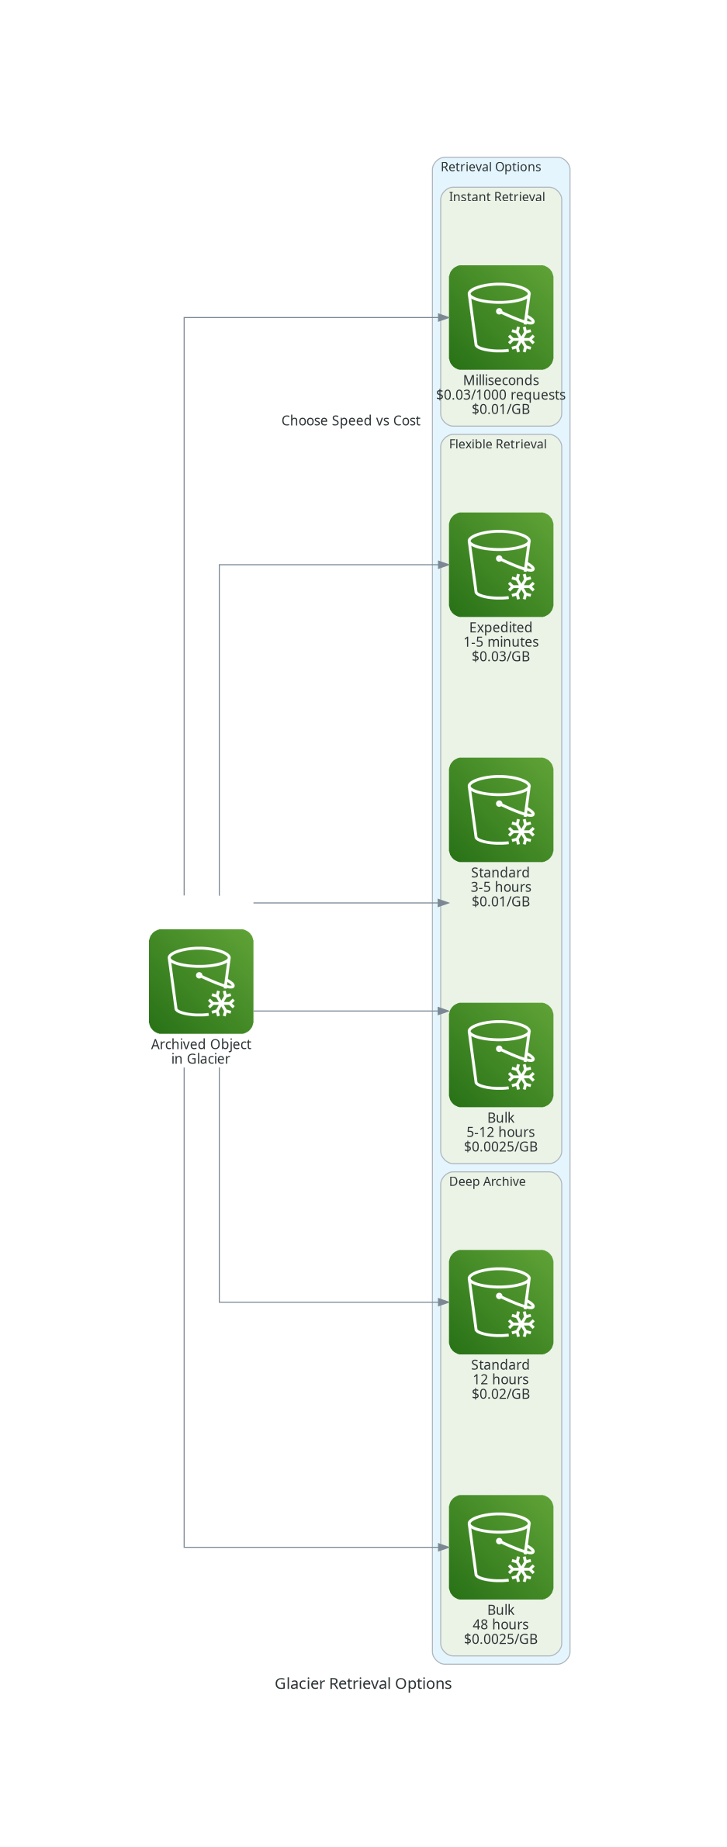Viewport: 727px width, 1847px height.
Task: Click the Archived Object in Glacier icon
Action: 201,981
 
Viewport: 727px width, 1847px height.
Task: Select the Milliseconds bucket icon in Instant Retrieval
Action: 501,317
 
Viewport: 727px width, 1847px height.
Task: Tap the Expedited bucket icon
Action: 501,565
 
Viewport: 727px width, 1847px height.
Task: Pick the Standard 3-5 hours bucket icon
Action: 501,810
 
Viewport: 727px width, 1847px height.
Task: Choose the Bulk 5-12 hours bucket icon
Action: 501,1055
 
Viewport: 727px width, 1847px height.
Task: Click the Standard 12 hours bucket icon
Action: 501,1302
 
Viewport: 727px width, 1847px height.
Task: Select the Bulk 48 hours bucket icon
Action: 501,1547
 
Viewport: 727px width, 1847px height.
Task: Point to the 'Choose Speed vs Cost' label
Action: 351,420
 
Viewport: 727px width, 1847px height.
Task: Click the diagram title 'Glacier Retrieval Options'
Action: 363,1683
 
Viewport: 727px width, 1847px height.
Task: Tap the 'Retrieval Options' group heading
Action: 491,167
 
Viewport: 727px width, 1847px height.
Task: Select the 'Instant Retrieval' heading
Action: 497,197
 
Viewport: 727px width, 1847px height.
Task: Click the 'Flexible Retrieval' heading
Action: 498,444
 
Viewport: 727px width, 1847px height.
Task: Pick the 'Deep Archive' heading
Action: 487,1181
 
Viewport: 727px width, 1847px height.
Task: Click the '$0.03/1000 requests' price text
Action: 501,395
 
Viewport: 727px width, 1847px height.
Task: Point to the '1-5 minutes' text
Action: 501,642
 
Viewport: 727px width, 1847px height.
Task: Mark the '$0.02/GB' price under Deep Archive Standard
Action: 501,1394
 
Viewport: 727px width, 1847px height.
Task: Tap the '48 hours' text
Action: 501,1624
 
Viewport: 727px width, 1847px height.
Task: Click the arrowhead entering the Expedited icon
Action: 444,565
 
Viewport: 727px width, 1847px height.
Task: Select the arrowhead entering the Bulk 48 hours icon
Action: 444,1547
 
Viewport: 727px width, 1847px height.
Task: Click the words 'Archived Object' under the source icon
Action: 201,1044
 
